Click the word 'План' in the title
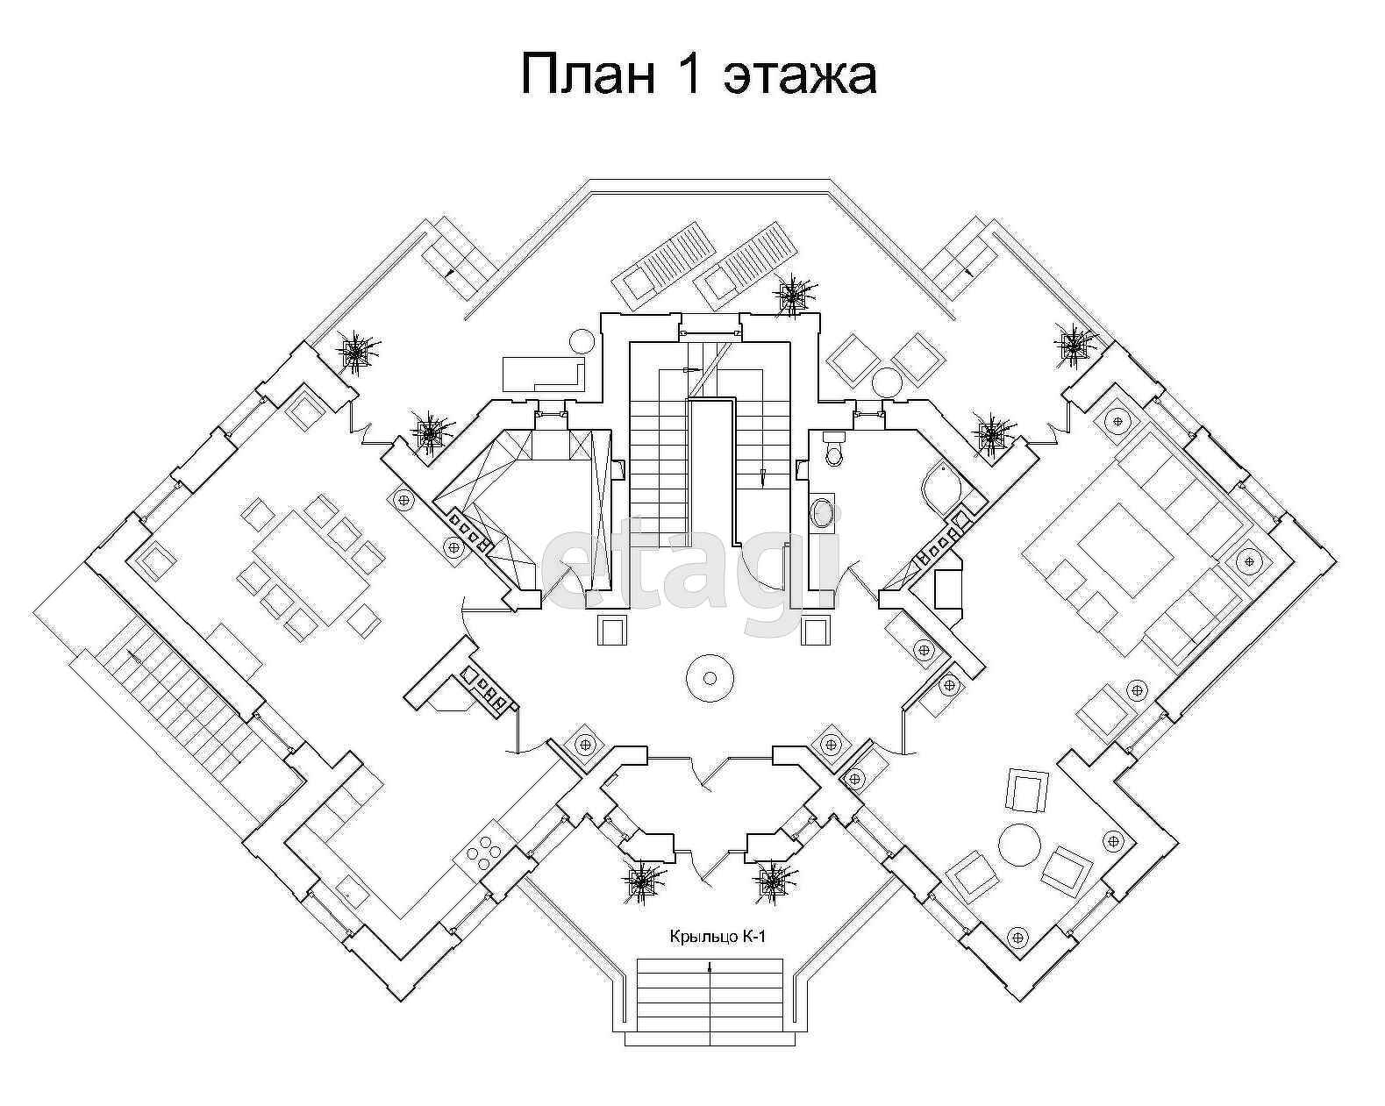[588, 74]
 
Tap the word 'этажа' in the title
[799, 75]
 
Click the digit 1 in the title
[689, 74]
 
